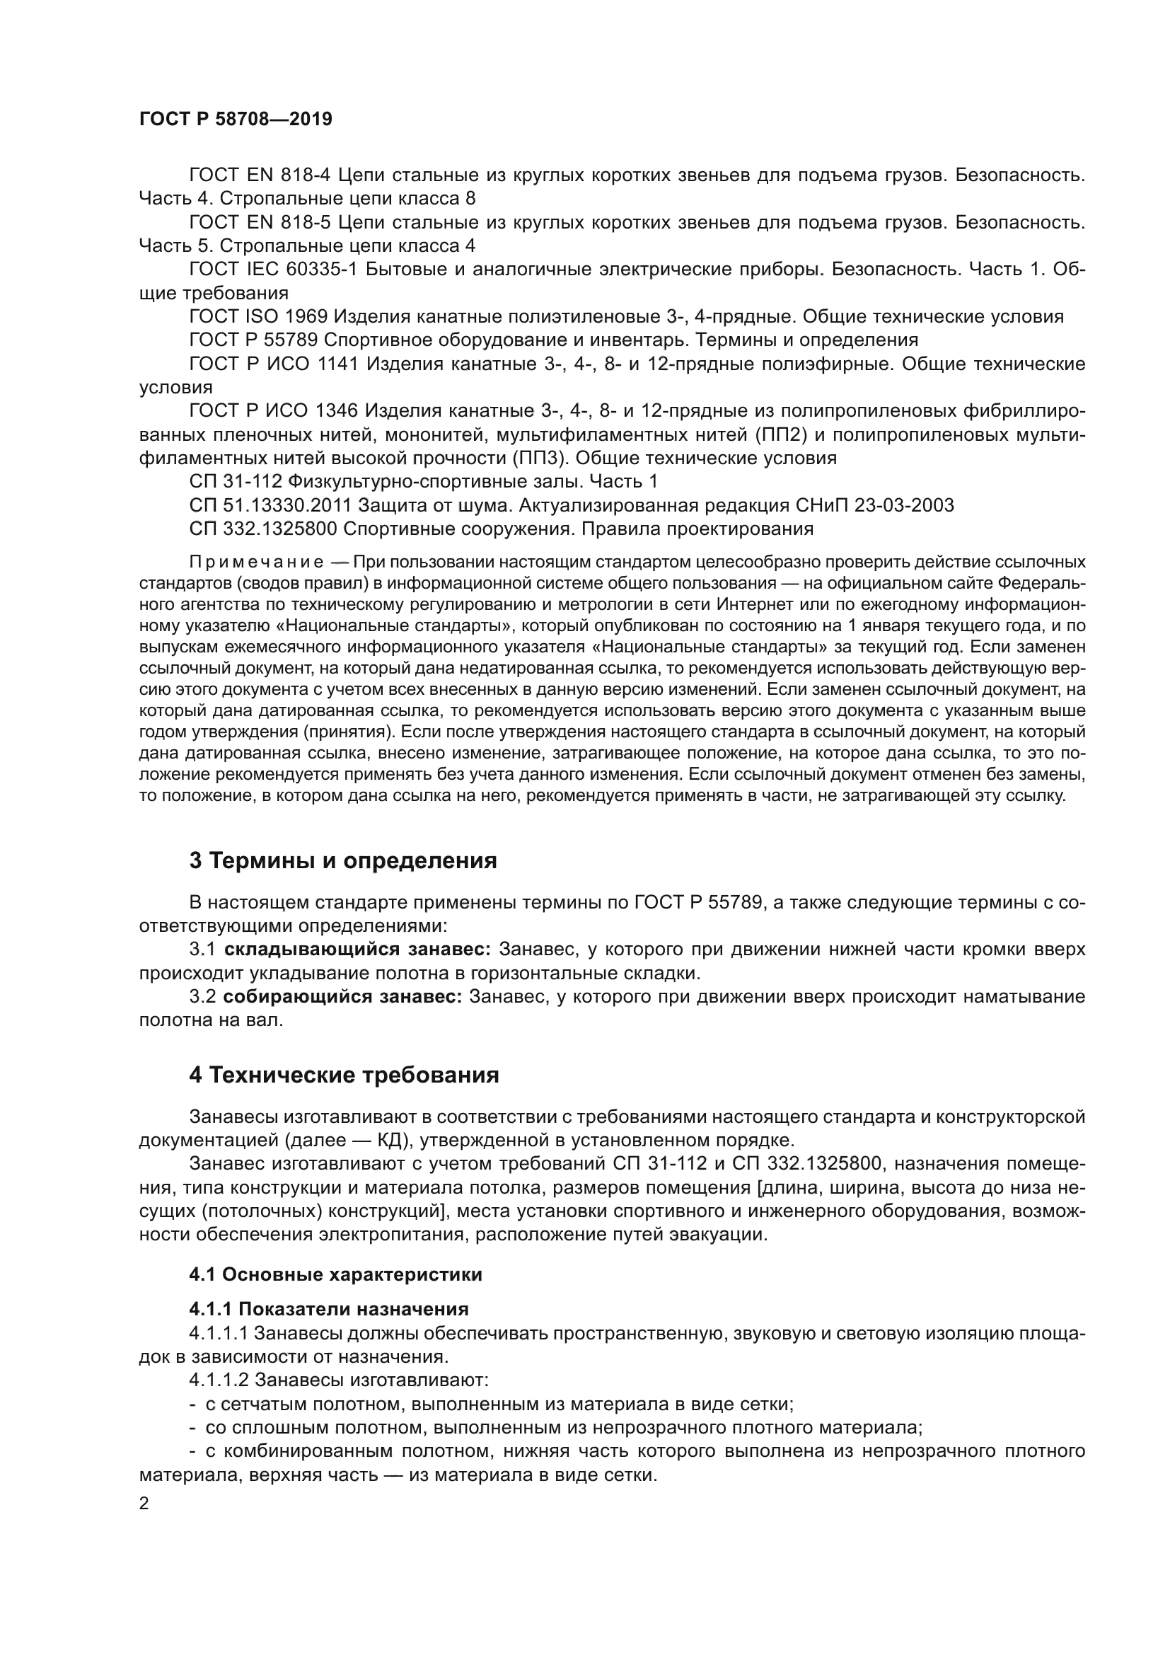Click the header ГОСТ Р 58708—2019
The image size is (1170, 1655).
tap(236, 120)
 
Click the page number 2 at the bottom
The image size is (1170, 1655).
tap(144, 1504)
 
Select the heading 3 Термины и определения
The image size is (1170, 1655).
tap(343, 860)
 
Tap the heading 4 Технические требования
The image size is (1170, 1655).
tap(344, 1075)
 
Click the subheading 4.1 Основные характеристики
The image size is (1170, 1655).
tap(336, 1274)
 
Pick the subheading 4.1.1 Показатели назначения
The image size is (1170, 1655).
tap(328, 1309)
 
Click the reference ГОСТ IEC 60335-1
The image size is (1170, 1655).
tap(273, 270)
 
